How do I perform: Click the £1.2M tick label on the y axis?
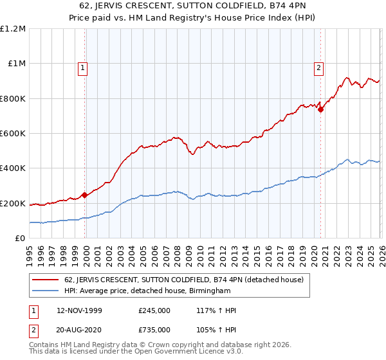click(13, 29)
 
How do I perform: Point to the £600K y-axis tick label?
click(13, 134)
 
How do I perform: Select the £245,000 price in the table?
click(154, 310)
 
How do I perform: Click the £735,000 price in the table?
click(154, 329)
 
